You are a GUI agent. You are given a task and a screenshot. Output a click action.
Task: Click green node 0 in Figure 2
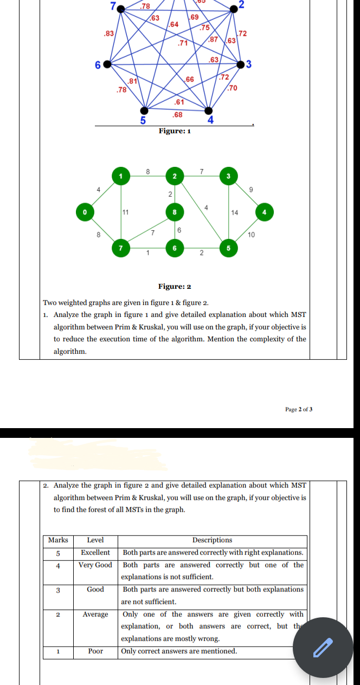click(85, 211)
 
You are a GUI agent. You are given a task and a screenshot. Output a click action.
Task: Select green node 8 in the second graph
click(175, 212)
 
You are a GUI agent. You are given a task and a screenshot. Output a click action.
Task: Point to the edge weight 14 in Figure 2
click(235, 212)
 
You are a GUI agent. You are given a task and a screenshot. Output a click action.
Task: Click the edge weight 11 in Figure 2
click(126, 212)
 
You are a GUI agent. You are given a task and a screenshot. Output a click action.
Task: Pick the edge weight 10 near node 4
click(250, 235)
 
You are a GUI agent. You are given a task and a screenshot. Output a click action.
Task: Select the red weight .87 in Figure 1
click(214, 40)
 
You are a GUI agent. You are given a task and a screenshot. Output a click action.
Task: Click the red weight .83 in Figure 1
click(108, 34)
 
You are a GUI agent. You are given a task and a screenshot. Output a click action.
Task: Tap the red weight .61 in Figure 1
click(179, 102)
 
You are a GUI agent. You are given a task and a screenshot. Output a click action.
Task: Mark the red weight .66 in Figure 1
click(190, 80)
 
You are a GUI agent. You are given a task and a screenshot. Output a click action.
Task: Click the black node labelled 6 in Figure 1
click(107, 64)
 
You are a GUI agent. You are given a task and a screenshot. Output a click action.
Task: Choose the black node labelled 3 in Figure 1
click(241, 65)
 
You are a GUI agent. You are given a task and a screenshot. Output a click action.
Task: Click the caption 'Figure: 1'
click(174, 131)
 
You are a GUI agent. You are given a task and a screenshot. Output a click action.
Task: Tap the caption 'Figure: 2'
click(174, 287)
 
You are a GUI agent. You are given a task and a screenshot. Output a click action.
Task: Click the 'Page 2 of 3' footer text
click(299, 409)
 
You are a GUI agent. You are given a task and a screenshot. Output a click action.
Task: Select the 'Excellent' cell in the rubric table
click(95, 552)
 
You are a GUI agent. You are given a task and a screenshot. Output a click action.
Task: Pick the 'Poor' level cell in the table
click(95, 651)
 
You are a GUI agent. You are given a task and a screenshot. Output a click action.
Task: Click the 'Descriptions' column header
click(212, 540)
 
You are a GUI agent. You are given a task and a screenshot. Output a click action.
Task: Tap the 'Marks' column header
click(58, 540)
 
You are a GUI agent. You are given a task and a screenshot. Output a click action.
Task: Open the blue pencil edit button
click(323, 647)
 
